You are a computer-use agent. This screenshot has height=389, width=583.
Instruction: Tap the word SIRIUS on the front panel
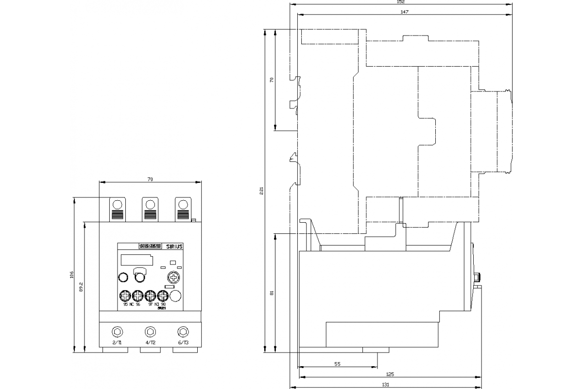click(x=174, y=247)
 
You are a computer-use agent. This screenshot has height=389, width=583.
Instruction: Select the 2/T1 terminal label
click(x=117, y=343)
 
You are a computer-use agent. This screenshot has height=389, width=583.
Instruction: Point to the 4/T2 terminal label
click(x=150, y=343)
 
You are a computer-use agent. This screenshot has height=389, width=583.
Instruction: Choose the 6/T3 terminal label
click(x=183, y=343)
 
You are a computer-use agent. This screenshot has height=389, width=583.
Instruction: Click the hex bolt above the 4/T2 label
click(x=150, y=332)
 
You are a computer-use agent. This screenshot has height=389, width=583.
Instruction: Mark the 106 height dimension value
click(x=71, y=275)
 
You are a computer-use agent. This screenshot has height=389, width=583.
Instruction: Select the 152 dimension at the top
click(x=401, y=2)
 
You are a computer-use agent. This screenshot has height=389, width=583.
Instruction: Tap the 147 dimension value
click(x=404, y=12)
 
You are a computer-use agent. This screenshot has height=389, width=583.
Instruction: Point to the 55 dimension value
click(x=337, y=364)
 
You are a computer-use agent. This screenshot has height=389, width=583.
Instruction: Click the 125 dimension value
click(x=390, y=374)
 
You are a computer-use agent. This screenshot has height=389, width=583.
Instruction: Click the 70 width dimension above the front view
click(x=150, y=180)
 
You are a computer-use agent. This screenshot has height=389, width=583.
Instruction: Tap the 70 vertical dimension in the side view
click(x=272, y=80)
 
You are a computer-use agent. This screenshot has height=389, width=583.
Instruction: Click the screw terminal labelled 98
click(x=163, y=296)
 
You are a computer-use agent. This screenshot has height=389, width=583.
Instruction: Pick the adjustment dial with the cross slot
click(x=173, y=278)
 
